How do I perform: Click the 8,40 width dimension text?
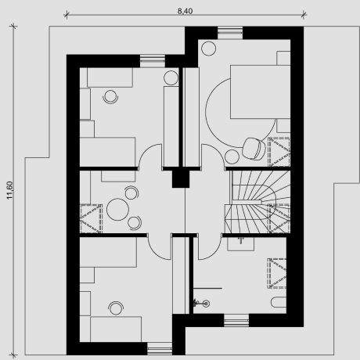(x=185, y=11)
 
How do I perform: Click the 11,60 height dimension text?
(x=10, y=190)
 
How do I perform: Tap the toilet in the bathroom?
(x=279, y=302)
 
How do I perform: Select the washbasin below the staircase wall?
(x=240, y=243)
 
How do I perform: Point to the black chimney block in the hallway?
(x=181, y=178)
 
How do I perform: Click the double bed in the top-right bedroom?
(x=260, y=92)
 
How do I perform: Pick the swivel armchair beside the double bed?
(x=254, y=149)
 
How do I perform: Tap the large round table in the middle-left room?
(x=117, y=210)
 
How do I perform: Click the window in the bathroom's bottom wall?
(x=236, y=320)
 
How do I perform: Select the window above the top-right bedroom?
(x=230, y=33)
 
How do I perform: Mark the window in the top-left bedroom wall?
(x=153, y=61)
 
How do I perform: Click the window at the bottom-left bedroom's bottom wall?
(x=160, y=349)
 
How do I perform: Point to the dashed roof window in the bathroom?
(x=277, y=273)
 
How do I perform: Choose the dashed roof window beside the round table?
(x=91, y=218)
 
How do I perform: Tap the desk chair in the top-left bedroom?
(x=110, y=96)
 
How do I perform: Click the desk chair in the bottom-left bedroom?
(x=116, y=308)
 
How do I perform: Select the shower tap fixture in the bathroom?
(x=202, y=303)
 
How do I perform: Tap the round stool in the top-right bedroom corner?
(x=209, y=49)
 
